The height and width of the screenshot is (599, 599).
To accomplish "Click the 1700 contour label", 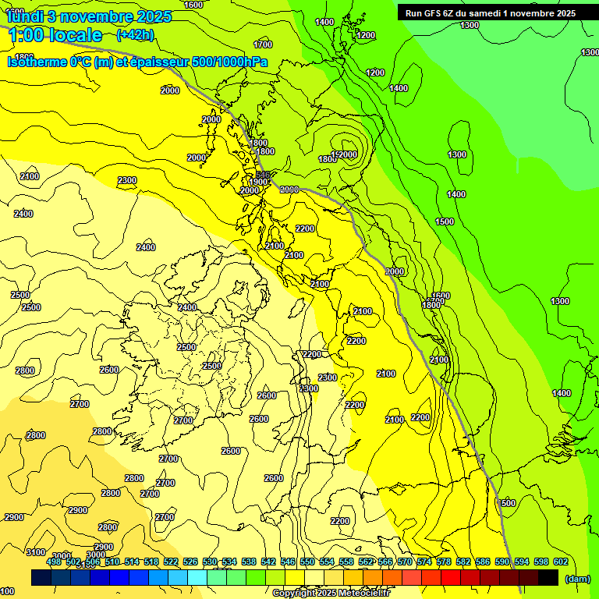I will [263, 44].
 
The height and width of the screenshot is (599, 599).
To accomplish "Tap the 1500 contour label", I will [445, 222].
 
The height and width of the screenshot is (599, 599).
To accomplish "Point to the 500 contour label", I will [508, 503].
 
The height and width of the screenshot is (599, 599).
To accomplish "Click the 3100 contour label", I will [36, 552].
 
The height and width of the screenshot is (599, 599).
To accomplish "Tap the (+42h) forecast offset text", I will [134, 34].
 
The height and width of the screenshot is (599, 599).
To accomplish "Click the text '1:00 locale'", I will [55, 35].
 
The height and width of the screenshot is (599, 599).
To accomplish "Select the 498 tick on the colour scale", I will [54, 562].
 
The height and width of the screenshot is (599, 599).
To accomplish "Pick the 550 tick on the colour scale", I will [307, 562].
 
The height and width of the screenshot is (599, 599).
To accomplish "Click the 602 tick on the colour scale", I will [560, 562].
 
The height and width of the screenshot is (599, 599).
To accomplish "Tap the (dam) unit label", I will [577, 578].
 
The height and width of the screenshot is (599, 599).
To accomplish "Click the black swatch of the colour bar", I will [548, 578].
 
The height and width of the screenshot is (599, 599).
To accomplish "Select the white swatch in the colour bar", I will [314, 578].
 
